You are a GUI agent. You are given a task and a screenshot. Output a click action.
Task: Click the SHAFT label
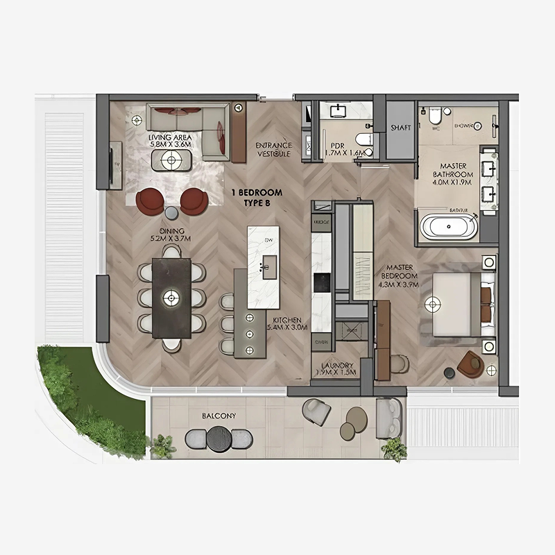pos(401,128)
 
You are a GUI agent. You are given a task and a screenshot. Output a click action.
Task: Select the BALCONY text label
pos(219,416)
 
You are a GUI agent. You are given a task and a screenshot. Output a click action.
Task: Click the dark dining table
pos(171,298)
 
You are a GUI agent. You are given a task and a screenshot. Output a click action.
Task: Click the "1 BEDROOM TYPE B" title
pos(257,197)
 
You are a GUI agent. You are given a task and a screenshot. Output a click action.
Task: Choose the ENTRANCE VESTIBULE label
pos(273,150)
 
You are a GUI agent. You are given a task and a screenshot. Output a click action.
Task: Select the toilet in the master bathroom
pos(435,119)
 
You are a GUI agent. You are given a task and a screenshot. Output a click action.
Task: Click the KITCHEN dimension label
pos(285,324)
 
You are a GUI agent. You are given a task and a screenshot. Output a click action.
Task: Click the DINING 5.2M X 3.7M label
pos(170,234)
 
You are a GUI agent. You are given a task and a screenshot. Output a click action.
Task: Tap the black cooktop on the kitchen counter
pos(321,282)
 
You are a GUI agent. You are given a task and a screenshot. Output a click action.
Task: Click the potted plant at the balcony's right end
pos(395,449)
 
